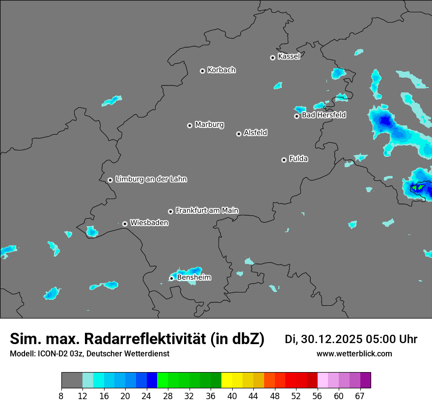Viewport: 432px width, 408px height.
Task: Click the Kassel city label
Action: click(289, 57)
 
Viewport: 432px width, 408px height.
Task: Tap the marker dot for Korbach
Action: click(202, 71)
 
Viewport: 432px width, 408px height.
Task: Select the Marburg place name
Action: click(209, 125)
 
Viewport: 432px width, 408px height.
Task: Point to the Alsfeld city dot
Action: click(239, 134)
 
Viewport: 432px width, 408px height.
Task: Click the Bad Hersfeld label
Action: click(324, 115)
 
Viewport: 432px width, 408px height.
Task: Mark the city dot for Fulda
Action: click(284, 160)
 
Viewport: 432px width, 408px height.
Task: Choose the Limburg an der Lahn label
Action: click(151, 179)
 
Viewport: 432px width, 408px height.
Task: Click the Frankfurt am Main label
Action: click(207, 210)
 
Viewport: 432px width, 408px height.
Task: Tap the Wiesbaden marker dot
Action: click(125, 224)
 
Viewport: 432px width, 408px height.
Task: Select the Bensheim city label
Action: click(194, 278)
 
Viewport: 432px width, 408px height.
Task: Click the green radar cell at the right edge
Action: click(418, 187)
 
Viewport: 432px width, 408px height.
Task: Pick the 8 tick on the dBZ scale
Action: click(61, 396)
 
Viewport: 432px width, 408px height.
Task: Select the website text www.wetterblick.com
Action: click(354, 354)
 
